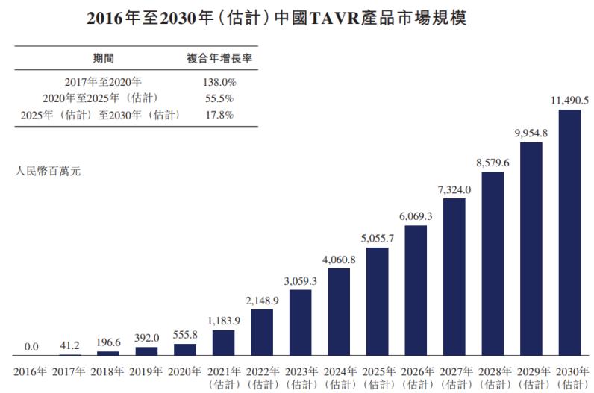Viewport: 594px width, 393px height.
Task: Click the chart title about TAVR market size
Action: click(297, 17)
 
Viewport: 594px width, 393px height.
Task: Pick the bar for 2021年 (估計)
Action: click(224, 342)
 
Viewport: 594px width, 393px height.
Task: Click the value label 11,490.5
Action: click(569, 100)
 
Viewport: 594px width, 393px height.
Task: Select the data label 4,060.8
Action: click(339, 259)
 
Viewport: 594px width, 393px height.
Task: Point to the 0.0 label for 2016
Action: click(31, 347)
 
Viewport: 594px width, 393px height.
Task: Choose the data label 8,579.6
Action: click(493, 162)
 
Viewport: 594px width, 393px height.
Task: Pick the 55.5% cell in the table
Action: click(218, 98)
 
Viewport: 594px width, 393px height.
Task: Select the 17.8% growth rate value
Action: click(218, 115)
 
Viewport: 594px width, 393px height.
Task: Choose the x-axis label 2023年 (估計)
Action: click(301, 377)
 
